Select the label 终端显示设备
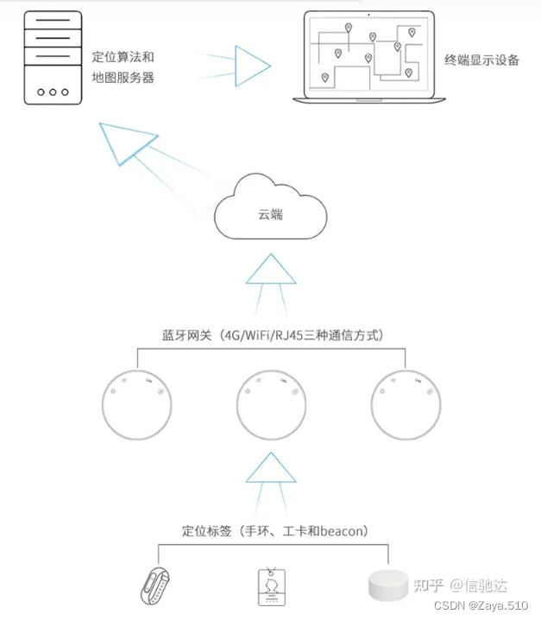pos(482,60)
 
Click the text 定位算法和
pos(123,57)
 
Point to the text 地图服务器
pos(123,77)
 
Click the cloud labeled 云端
pos(271,212)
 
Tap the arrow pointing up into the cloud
pos(271,271)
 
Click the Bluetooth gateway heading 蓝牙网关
pos(271,334)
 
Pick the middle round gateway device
pos(271,404)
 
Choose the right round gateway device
pos(406,404)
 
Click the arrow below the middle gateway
pos(271,468)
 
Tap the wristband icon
pos(157,583)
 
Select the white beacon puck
pos(386,588)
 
